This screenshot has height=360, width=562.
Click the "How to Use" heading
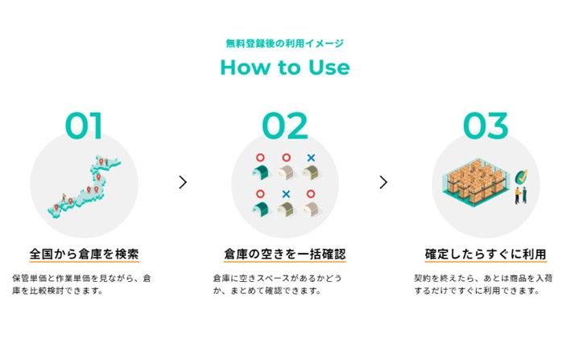pyautogui.click(x=285, y=67)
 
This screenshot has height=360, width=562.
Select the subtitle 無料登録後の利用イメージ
pyautogui.click(x=285, y=43)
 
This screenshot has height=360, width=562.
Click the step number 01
pyautogui.click(x=84, y=126)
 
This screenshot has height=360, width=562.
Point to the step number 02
pyautogui.click(x=285, y=126)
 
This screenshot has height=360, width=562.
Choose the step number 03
pyautogui.click(x=486, y=126)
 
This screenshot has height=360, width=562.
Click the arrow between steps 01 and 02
pyautogui.click(x=183, y=182)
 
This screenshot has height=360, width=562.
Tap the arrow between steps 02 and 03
pyautogui.click(x=383, y=182)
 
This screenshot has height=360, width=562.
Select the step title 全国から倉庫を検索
pyautogui.click(x=85, y=254)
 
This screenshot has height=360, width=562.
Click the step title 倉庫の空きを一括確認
pyautogui.click(x=285, y=254)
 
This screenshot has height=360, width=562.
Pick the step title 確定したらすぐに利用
pyautogui.click(x=486, y=254)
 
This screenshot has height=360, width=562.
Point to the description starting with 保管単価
pyautogui.click(x=81, y=284)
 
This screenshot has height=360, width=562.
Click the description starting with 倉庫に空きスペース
pyautogui.click(x=278, y=284)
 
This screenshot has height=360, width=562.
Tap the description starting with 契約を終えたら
pyautogui.click(x=483, y=284)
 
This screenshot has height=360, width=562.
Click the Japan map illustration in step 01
pyautogui.click(x=85, y=187)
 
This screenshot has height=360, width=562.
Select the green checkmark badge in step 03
pyautogui.click(x=521, y=176)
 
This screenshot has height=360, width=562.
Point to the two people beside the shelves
pyautogui.click(x=521, y=196)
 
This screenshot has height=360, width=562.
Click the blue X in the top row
pyautogui.click(x=311, y=157)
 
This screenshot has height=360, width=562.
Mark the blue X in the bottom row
pyautogui.click(x=286, y=194)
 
